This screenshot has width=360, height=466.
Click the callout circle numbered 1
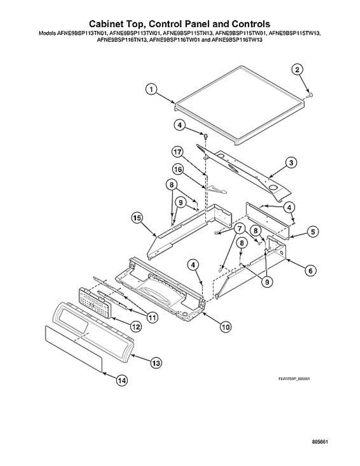coord(151,90)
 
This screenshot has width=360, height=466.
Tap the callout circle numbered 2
coord(297,70)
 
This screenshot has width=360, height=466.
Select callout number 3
coord(291,163)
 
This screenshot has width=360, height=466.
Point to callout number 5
coord(313,232)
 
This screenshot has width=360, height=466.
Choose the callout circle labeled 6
coord(310,271)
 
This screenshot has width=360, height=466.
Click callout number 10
coord(226,327)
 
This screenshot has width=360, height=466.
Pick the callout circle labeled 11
coord(152,317)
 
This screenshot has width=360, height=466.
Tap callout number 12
coord(135,327)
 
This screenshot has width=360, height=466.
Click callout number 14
coord(122,381)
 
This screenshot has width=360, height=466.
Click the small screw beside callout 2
coord(310,94)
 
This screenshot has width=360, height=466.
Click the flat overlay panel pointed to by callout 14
coord(74,347)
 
